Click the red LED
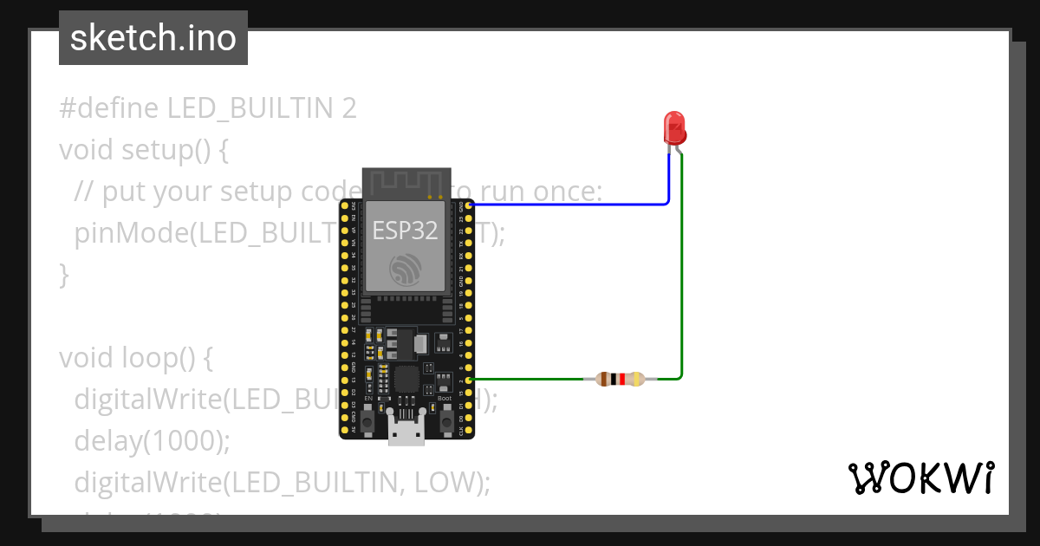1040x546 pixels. click(x=674, y=128)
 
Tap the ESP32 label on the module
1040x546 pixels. click(x=405, y=231)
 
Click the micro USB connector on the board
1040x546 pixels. click(x=406, y=431)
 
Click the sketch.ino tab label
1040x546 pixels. click(x=153, y=38)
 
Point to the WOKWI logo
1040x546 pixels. click(x=920, y=478)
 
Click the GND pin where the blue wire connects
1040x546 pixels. click(x=469, y=205)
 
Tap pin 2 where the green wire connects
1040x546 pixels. click(x=469, y=380)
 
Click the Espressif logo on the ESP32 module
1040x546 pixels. click(x=406, y=270)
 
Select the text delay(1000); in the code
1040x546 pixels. click(x=153, y=440)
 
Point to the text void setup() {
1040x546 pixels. click(x=144, y=150)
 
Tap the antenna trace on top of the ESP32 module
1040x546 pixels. click(x=406, y=183)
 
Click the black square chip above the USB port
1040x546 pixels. click(x=406, y=379)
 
